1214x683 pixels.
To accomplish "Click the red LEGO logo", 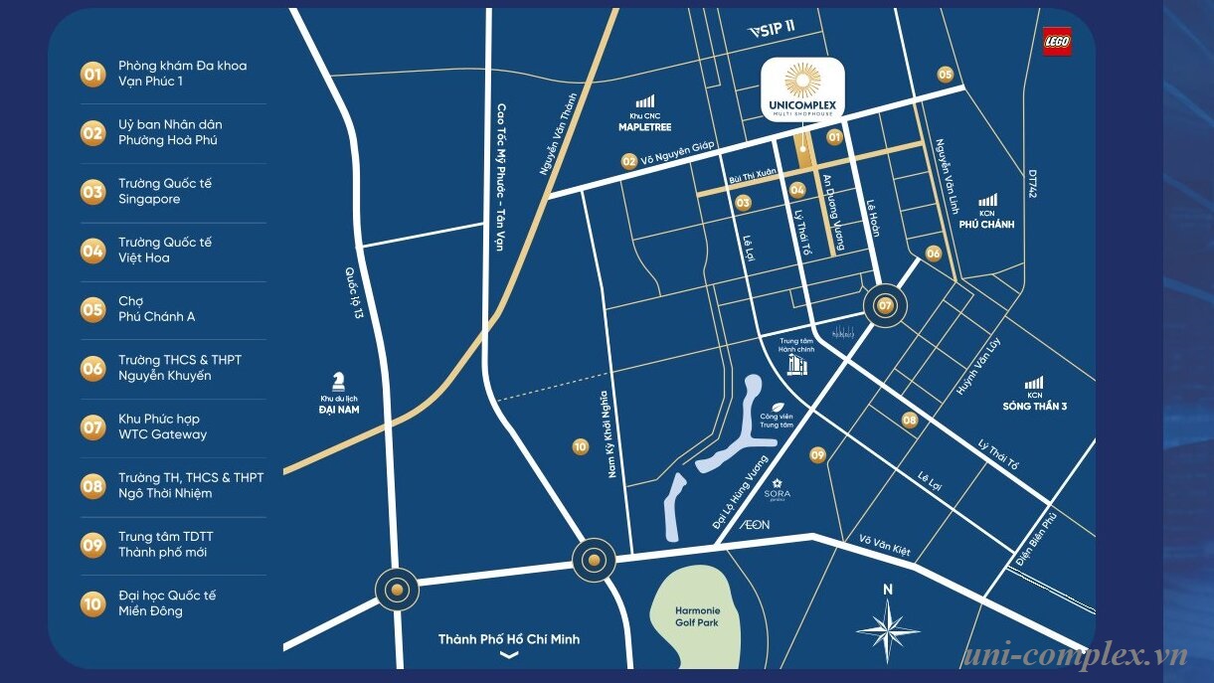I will click(x=1057, y=42).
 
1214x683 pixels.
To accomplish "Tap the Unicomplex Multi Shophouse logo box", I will click(x=802, y=90).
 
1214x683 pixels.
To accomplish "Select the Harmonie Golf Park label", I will click(x=697, y=616).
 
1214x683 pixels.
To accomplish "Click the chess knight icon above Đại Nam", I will click(x=339, y=382).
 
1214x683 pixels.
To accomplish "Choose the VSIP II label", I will click(x=772, y=29).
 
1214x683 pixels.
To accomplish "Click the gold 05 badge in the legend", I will click(x=92, y=309).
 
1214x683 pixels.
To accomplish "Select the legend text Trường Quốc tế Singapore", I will click(x=165, y=192).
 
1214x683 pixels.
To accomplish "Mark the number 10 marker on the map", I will click(x=580, y=447).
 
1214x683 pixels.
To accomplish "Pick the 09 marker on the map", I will click(x=817, y=455).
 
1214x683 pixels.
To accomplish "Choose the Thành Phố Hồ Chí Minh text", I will click(x=508, y=639).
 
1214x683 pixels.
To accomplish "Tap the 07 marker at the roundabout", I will click(x=885, y=306).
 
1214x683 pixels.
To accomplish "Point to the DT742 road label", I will click(x=1033, y=184).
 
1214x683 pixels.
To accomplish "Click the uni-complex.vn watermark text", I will click(x=1074, y=656).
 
